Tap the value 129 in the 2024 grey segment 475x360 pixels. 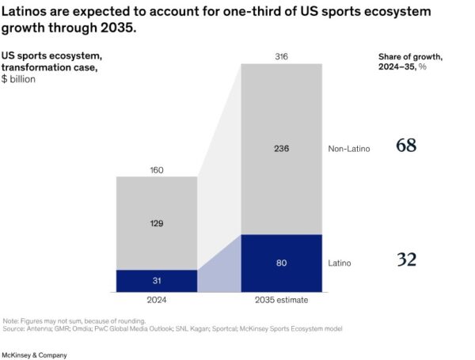coord(156,224)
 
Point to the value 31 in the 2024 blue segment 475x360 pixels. coord(156,280)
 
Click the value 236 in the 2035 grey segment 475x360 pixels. coord(280,148)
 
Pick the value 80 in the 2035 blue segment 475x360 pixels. coord(280,263)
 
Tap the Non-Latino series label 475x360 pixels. coord(348,148)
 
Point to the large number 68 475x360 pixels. coord(406,146)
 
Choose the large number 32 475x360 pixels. coord(406,260)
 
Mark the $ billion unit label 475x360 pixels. coord(24,80)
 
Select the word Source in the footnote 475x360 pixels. coord(13,328)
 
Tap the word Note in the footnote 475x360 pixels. coord(11,320)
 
